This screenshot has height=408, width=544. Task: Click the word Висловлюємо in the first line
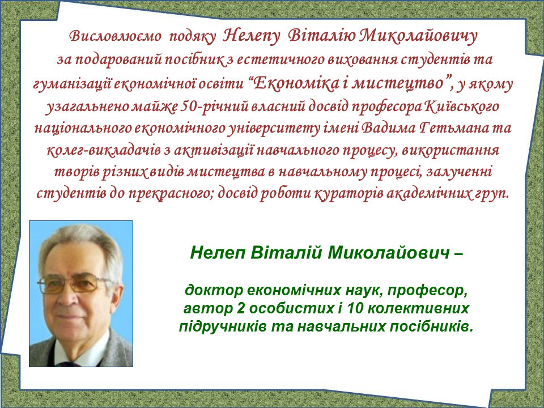115,36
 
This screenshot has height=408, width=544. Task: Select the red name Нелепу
251,36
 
